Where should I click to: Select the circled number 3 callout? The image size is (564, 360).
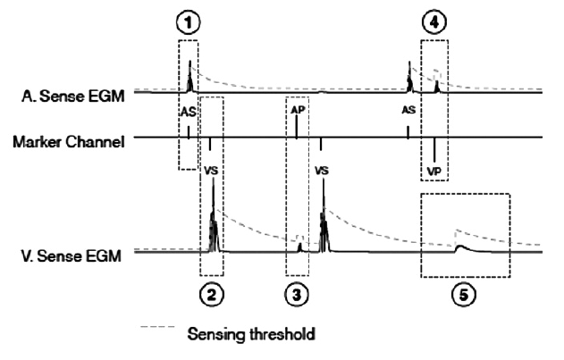[297, 292]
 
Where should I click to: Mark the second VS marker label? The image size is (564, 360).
[322, 168]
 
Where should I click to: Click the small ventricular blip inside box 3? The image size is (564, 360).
[300, 247]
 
